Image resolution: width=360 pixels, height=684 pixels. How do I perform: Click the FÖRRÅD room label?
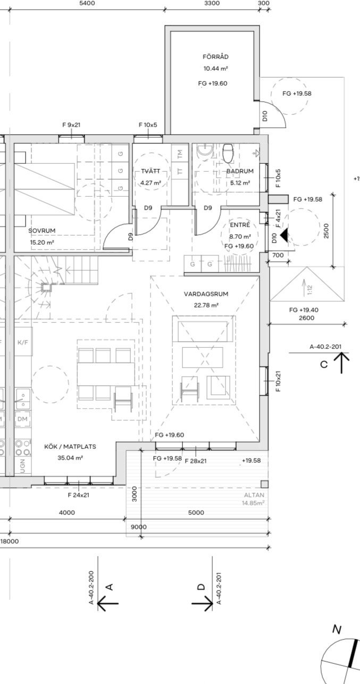pyautogui.click(x=215, y=56)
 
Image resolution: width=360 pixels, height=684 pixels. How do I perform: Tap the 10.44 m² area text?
pyautogui.click(x=215, y=69)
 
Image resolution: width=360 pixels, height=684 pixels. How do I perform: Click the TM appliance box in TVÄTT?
pyautogui.click(x=180, y=153)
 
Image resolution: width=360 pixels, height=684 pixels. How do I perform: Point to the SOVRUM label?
pyautogui.click(x=42, y=230)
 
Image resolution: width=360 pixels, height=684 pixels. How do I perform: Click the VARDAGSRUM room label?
pyautogui.click(x=206, y=294)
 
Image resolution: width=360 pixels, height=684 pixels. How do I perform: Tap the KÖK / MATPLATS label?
pyautogui.click(x=70, y=446)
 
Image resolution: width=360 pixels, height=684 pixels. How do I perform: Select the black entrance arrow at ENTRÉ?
pyautogui.click(x=284, y=236)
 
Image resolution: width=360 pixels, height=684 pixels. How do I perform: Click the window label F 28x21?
pyautogui.click(x=196, y=461)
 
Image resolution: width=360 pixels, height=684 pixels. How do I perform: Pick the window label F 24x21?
pyautogui.click(x=79, y=495)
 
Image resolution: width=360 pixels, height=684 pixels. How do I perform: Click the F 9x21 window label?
pyautogui.click(x=71, y=125)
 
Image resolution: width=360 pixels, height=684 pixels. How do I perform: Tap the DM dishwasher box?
pyautogui.click(x=22, y=419)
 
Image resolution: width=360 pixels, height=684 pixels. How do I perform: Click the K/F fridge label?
pyautogui.click(x=23, y=343)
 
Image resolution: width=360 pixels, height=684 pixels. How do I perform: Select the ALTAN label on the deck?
pyautogui.click(x=254, y=495)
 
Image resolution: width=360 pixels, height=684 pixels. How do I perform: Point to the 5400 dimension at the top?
pyautogui.click(x=87, y=3)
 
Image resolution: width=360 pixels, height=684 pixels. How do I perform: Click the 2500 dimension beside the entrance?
pyautogui.click(x=326, y=231)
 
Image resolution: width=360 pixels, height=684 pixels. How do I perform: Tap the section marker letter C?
pyautogui.click(x=324, y=364)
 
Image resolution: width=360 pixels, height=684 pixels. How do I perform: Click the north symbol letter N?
pyautogui.click(x=337, y=629)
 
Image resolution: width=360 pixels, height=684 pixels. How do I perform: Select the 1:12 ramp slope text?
pyautogui.click(x=310, y=290)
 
